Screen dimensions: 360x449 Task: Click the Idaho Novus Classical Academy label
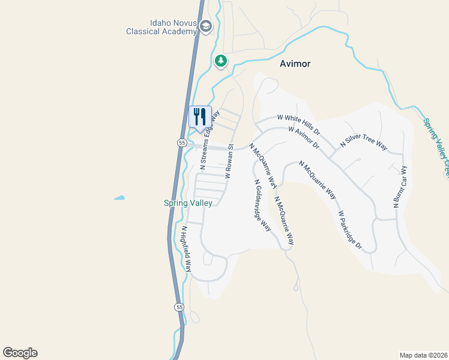click(x=161, y=26)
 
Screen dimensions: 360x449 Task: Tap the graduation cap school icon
click(x=206, y=26)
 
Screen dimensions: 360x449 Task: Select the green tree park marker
click(x=221, y=61)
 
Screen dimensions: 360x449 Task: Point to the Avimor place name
click(x=295, y=64)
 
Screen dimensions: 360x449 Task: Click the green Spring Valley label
click(x=188, y=203)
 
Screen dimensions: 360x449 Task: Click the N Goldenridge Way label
click(x=262, y=205)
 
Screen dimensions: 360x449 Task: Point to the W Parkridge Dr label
click(x=350, y=229)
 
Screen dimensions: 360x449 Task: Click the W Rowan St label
click(x=229, y=161)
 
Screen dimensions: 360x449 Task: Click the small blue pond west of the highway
click(x=120, y=197)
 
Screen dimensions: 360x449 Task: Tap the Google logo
click(x=20, y=353)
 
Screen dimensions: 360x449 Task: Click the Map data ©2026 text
click(x=423, y=355)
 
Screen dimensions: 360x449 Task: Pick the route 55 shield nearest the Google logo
click(x=179, y=307)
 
